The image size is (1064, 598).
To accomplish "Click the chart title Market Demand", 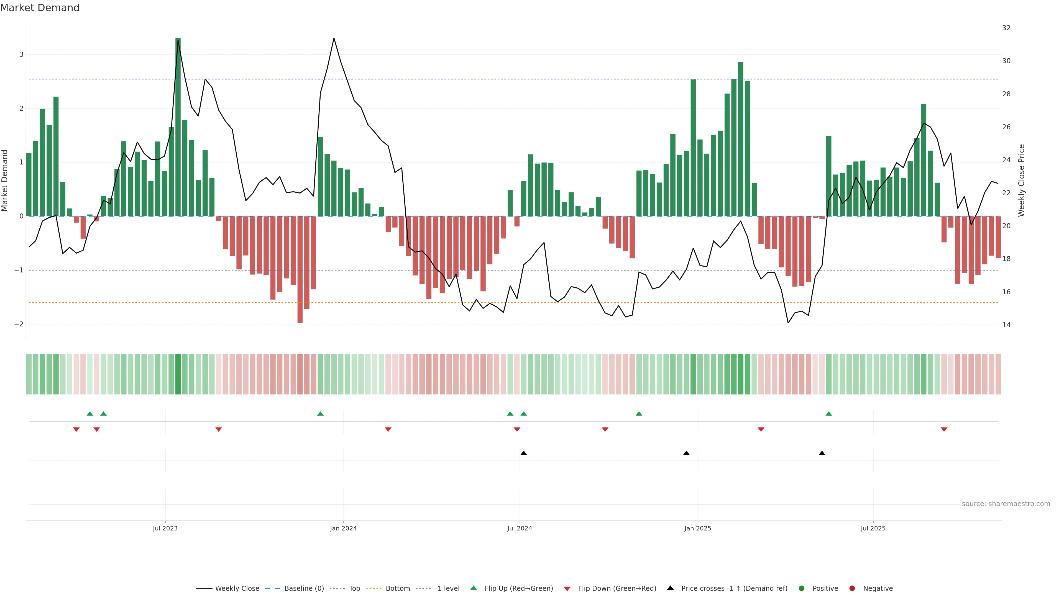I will (40, 8).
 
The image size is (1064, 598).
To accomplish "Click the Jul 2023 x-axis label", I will (165, 528).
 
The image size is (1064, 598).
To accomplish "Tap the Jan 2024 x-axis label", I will (343, 528).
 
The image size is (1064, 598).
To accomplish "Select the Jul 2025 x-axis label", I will (873, 528).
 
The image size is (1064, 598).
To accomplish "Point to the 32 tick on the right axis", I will (1006, 28).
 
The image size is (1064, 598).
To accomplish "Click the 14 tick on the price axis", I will (1006, 325).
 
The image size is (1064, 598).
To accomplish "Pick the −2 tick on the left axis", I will (19, 324).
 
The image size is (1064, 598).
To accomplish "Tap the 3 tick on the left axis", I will (22, 55).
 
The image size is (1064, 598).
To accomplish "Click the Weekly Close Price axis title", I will (1021, 180).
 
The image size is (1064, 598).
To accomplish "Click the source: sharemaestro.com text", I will (1006, 504).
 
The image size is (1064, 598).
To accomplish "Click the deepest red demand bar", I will (300, 269).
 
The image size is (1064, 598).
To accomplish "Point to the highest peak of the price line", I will (334, 38).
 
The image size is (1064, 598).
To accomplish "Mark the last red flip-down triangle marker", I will (944, 430).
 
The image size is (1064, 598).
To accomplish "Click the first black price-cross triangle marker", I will (524, 453).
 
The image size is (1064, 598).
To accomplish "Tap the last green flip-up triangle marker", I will (828, 414).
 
